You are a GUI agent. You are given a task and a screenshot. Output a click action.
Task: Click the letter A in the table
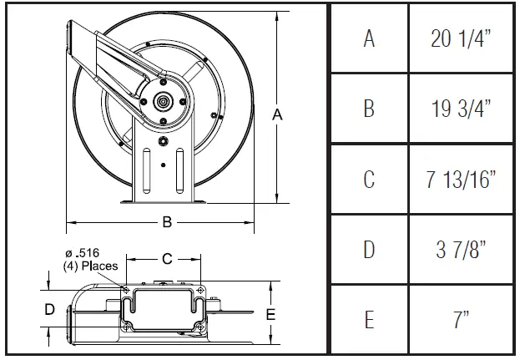point(369,38)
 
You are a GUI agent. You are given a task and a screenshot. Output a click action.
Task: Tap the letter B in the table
point(369,109)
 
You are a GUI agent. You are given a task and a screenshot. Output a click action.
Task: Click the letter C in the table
point(369,180)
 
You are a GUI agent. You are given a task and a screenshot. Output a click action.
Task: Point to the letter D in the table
point(369,250)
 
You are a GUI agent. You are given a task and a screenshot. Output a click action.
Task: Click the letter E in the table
point(369,320)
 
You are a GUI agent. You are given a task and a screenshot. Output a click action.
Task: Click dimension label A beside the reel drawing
point(279,117)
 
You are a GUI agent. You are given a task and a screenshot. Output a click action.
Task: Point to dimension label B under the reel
point(167,222)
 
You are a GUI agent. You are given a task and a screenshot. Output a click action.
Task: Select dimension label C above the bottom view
point(167,258)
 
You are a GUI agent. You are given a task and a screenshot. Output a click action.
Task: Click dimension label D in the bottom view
point(49,309)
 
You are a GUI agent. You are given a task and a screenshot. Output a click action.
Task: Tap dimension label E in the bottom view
point(270,314)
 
